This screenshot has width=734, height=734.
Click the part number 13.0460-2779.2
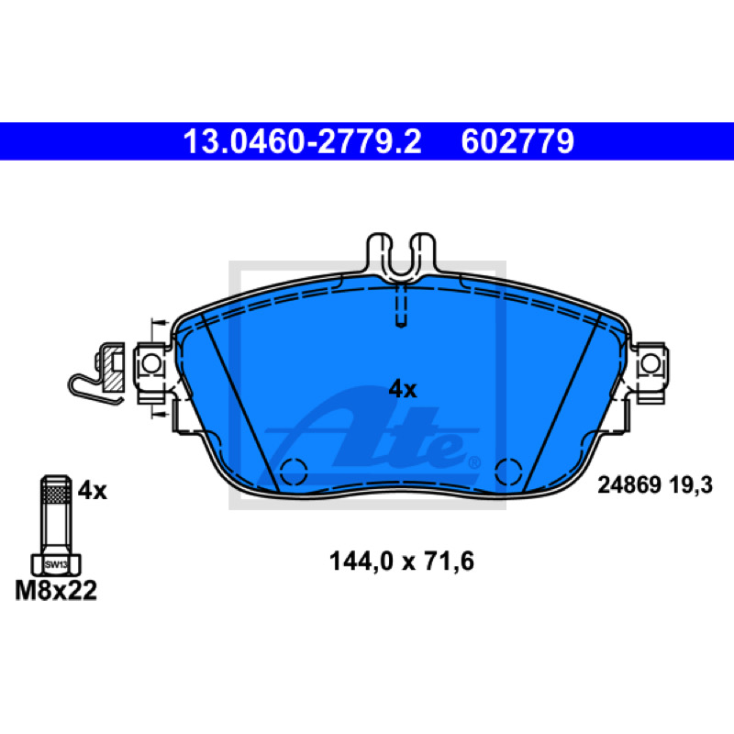302,141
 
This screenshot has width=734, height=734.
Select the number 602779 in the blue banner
517,141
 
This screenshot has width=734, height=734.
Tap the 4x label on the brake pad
403,389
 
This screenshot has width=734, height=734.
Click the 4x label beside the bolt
93,491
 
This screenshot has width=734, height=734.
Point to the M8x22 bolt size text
56,590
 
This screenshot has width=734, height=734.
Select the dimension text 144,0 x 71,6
402,561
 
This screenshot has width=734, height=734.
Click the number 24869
628,485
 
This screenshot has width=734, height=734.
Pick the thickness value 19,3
691,485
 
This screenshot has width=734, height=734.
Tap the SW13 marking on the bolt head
56,564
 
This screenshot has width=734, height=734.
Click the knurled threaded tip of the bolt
56,490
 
